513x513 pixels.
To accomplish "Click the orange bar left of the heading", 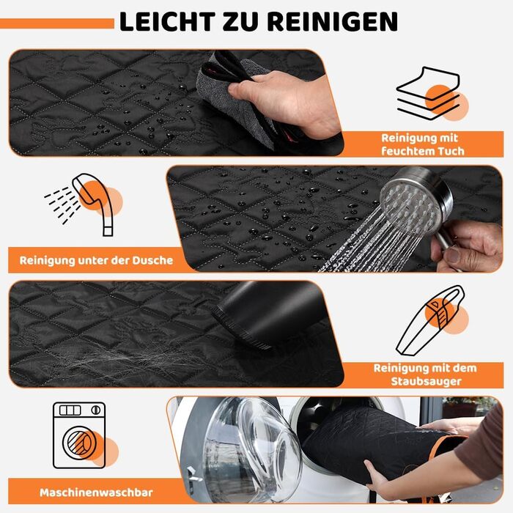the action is (x=57, y=23).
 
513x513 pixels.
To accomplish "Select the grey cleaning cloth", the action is (x=236, y=98).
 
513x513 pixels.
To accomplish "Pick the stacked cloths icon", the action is (x=432, y=94).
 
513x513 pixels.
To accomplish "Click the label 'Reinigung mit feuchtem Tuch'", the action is (x=422, y=144).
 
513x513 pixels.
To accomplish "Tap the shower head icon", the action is (x=84, y=203).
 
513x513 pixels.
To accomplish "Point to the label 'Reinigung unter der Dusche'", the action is (x=96, y=260).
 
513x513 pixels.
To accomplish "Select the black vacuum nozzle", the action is (x=262, y=314).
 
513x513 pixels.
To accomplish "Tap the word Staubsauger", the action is (x=426, y=382).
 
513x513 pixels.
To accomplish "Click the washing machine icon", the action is (x=79, y=435).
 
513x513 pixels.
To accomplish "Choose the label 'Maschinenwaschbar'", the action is (x=96, y=492).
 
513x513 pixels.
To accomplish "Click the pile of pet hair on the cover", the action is (x=131, y=360).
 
